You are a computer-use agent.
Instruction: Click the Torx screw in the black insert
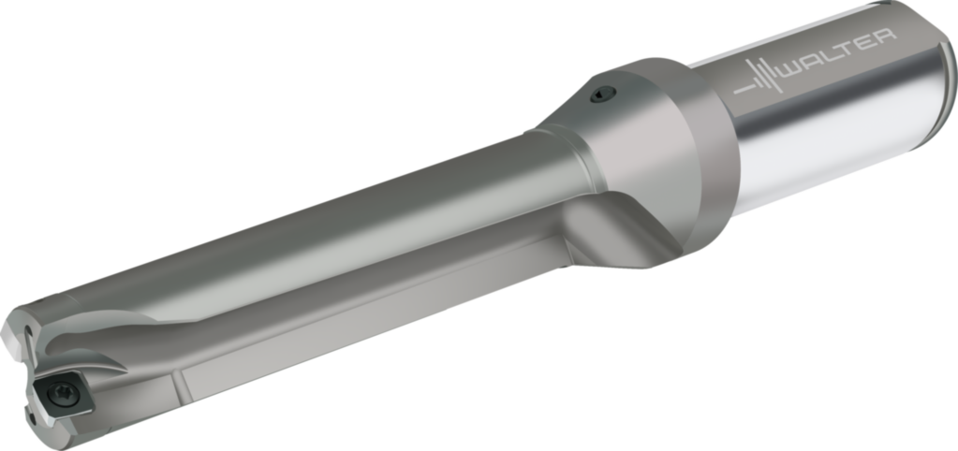coord(63,394)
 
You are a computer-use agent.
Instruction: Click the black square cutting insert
coord(62,397)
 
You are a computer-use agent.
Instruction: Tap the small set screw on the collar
coord(603,94)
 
